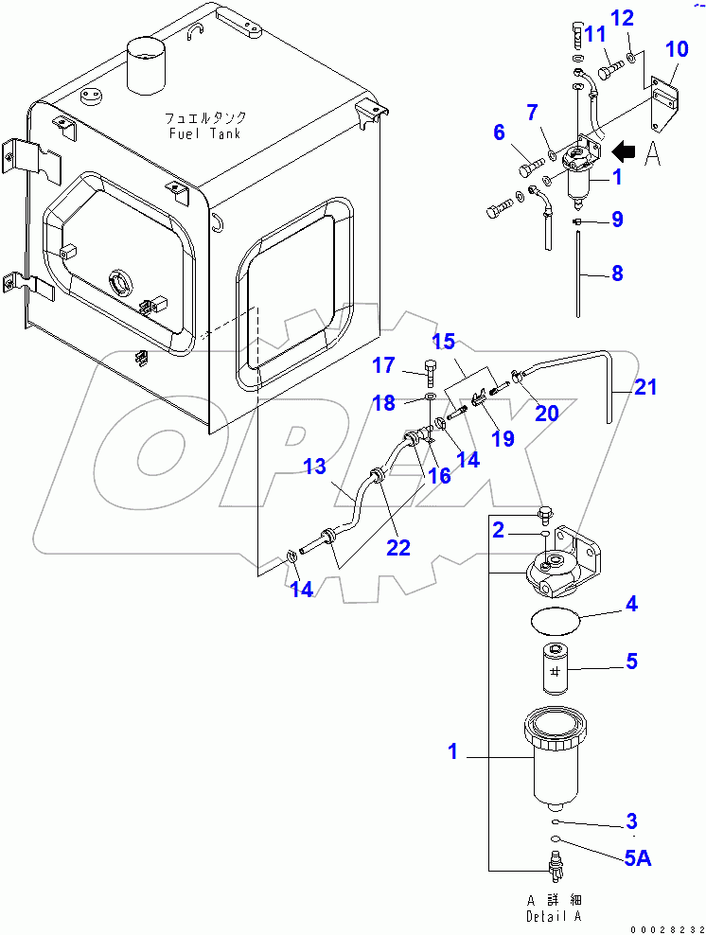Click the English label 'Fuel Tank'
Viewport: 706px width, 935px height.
click(x=204, y=133)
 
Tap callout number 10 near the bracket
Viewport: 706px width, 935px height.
click(x=677, y=50)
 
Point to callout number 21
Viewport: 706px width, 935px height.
click(x=646, y=387)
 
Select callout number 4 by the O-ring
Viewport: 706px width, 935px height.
click(x=630, y=602)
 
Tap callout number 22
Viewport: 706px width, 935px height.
click(x=399, y=548)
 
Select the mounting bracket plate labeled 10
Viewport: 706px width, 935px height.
click(x=666, y=104)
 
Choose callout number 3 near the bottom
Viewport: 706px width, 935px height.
click(x=631, y=820)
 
